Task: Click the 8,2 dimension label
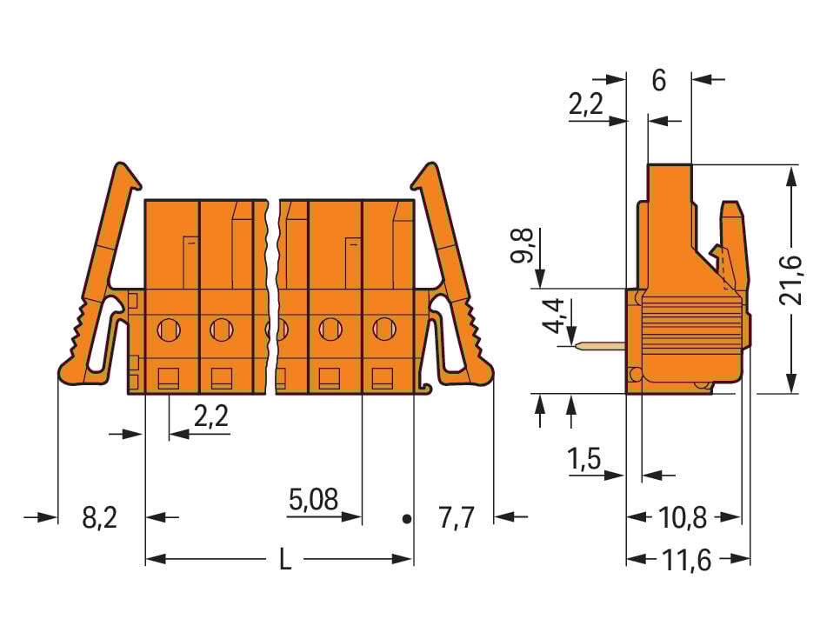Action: [99, 519]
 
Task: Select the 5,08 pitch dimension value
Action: [312, 500]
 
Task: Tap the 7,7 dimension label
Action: [456, 519]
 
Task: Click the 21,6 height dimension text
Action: [791, 279]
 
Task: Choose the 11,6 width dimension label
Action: [686, 561]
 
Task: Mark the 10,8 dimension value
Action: [683, 519]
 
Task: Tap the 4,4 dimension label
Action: [553, 317]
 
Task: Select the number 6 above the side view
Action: [658, 81]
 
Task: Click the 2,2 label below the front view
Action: [210, 417]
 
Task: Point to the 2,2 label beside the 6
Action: [586, 105]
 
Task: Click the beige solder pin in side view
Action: [600, 347]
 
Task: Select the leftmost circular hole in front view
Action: [169, 329]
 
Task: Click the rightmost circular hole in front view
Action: [383, 329]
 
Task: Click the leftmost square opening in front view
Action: [168, 377]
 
